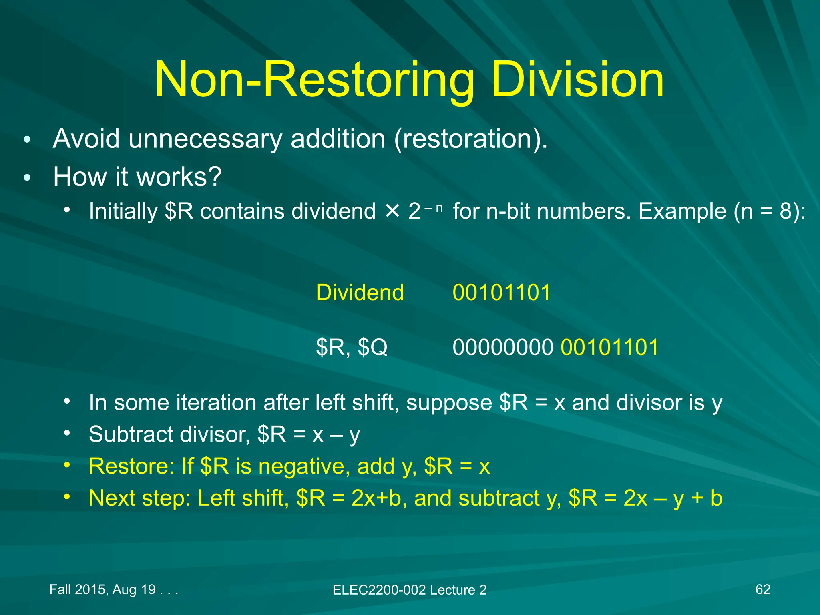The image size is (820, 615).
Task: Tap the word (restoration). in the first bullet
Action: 470,139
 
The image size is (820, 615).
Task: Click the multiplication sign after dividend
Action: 392,211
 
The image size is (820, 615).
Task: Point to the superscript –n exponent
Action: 434,207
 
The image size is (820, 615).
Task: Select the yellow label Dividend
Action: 360,292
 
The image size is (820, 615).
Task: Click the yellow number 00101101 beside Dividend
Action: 502,292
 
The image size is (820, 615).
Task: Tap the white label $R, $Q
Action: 352,347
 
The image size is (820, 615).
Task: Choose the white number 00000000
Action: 503,347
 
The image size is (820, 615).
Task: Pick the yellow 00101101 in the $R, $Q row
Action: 609,347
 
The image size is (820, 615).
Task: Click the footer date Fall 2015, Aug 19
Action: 102,589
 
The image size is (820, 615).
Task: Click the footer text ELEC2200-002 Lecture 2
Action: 409,590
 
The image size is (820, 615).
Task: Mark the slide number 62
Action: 762,589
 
